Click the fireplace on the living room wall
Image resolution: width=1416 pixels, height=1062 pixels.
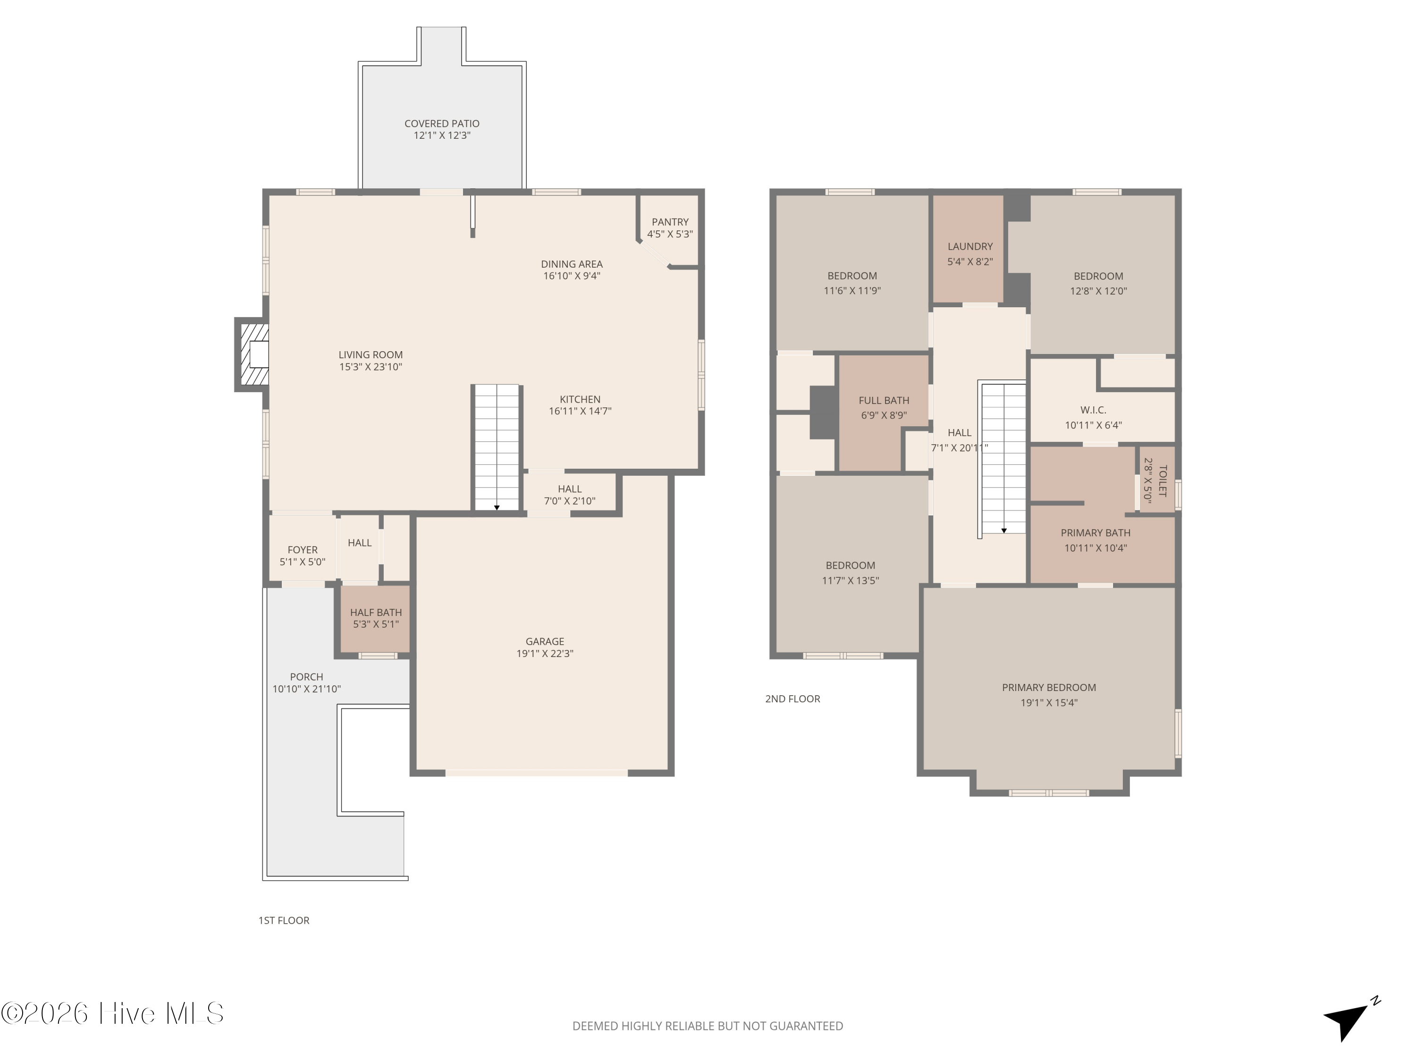tap(252, 354)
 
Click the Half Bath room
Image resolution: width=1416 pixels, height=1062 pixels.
tap(375, 618)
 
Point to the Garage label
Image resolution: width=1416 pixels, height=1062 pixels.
tap(545, 641)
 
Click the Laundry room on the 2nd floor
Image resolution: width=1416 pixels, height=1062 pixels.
tap(968, 248)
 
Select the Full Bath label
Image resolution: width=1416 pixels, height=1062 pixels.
tap(884, 401)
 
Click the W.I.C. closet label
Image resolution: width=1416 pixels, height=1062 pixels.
tap(1093, 410)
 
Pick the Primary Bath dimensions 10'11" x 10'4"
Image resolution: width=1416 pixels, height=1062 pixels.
tap(1096, 548)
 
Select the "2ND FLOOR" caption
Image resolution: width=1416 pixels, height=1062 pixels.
tap(792, 699)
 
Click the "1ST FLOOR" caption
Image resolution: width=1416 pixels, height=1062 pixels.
tap(284, 920)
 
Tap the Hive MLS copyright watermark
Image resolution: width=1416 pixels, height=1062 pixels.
tap(112, 1013)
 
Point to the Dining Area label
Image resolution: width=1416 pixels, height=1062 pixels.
tap(572, 264)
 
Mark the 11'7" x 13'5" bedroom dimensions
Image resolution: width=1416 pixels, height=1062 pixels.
tap(851, 581)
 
